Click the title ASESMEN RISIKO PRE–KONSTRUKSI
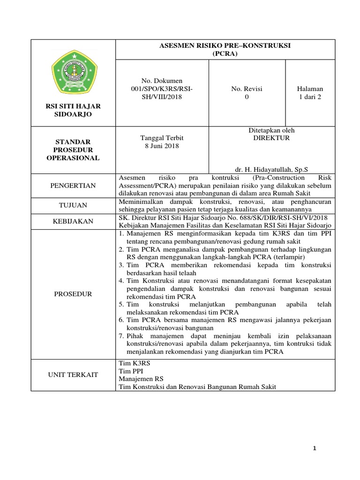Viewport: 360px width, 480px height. [x=225, y=46]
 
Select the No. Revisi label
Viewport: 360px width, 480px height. [x=247, y=89]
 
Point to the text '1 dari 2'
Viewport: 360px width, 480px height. [x=310, y=97]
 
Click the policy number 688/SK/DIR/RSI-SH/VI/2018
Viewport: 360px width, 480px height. [x=290, y=217]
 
